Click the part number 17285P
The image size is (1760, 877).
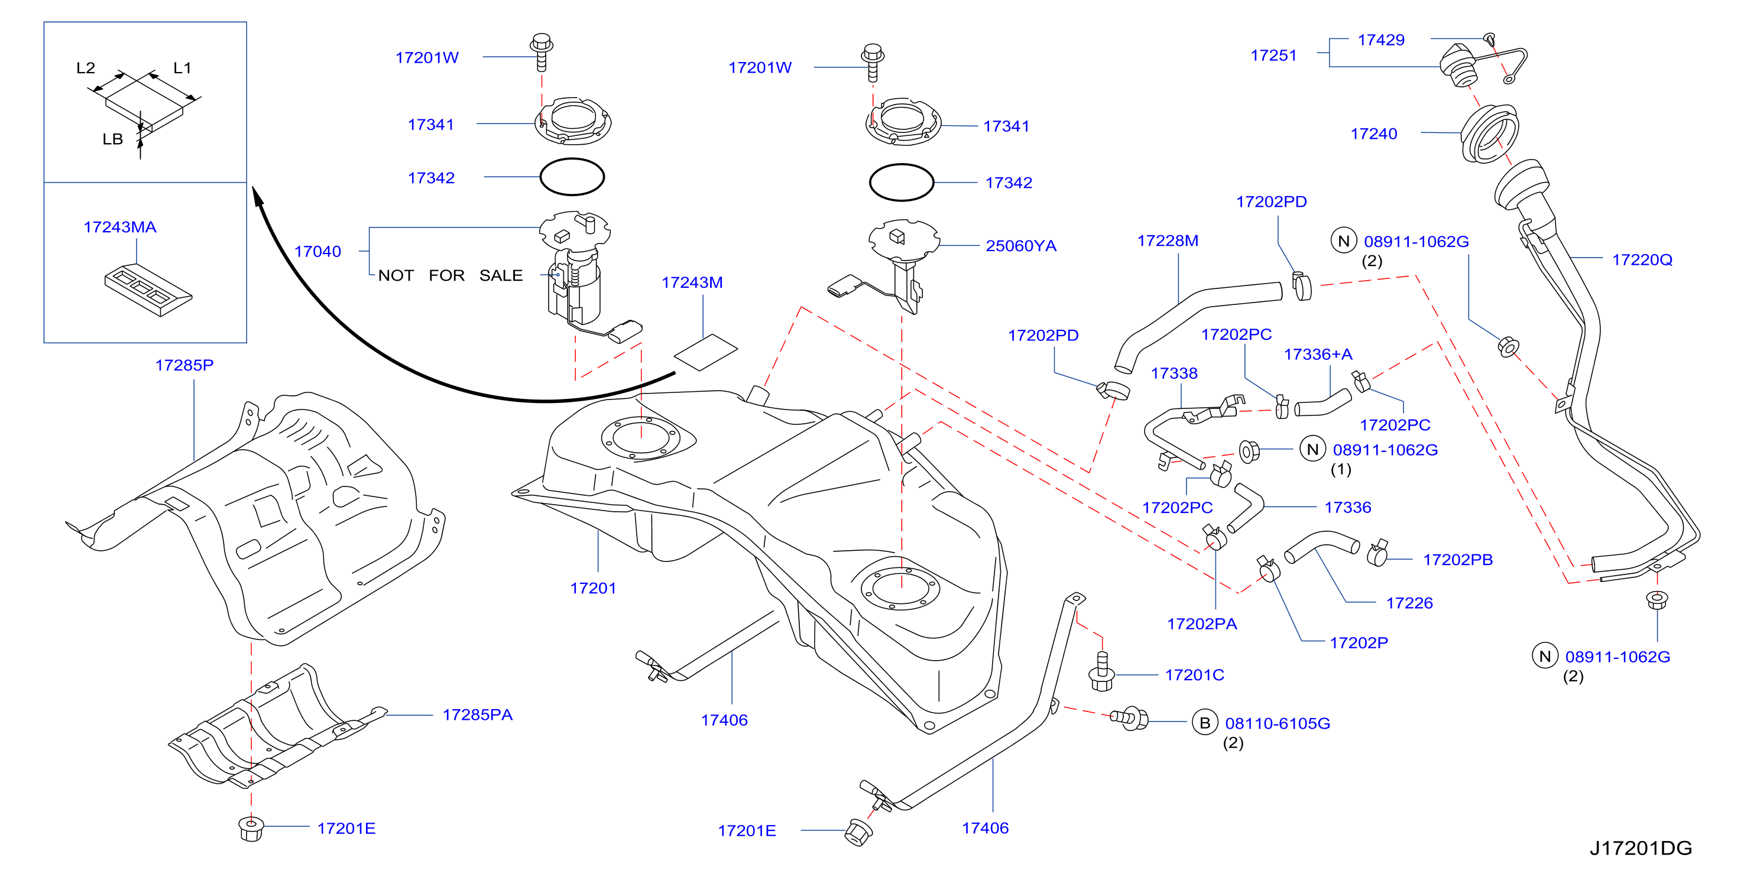point(184,365)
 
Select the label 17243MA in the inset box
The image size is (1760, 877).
point(120,228)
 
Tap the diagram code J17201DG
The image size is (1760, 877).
point(1641,847)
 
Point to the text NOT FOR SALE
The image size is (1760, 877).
point(450,275)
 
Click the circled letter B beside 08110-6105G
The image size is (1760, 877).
point(1204,723)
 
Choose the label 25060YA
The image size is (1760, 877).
point(1021,246)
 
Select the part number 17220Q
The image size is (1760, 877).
point(1642,259)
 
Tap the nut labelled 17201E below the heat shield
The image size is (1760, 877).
point(251,828)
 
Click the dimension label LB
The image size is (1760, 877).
point(113,139)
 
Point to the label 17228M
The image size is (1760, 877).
point(1168,241)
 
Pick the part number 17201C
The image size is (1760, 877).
point(1194,675)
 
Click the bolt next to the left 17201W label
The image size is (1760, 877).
point(542,51)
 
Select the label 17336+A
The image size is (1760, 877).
point(1318,354)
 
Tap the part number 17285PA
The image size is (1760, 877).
point(478,714)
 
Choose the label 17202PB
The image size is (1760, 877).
point(1457,560)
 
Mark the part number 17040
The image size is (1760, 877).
point(317,251)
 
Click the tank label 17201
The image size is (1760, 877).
point(593,588)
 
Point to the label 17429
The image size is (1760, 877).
point(1381,40)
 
